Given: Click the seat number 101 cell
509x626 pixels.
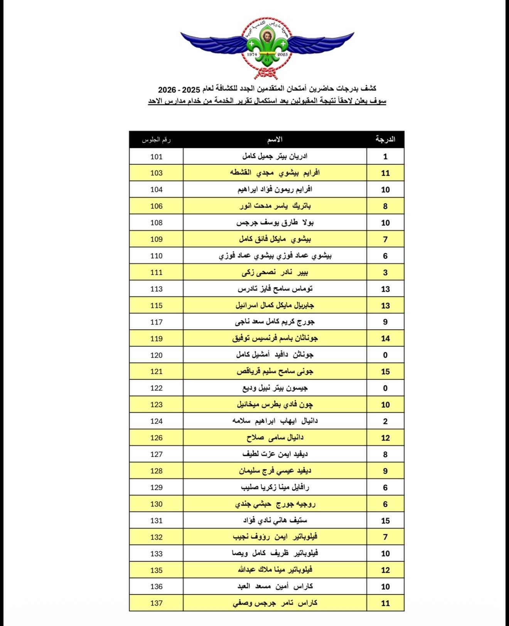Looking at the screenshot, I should tap(156, 156).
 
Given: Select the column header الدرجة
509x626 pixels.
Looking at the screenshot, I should tap(385, 140).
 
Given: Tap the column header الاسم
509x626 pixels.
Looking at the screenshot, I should tap(275, 140).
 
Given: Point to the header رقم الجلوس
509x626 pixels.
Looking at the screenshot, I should tap(156, 140).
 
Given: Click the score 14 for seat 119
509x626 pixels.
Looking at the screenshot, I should tap(385, 338).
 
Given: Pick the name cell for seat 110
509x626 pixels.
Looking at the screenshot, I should tap(275, 256).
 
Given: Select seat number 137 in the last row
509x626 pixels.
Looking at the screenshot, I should tap(156, 603).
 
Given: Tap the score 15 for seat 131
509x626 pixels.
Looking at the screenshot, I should tap(385, 521).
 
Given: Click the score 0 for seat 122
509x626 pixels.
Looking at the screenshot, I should tap(385, 388).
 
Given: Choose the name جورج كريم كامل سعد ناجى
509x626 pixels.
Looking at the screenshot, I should tap(275, 322).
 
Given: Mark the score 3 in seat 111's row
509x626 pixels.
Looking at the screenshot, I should tap(385, 273).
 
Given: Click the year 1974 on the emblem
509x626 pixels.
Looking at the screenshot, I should tap(252, 55).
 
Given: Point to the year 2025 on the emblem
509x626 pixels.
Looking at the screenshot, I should tap(283, 55).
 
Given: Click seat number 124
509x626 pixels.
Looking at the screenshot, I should tap(156, 421).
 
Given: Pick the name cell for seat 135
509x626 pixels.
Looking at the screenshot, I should tap(275, 570).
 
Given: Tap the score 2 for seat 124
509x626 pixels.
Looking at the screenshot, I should tap(385, 421).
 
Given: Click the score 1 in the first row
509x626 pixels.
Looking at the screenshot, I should tap(385, 156).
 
